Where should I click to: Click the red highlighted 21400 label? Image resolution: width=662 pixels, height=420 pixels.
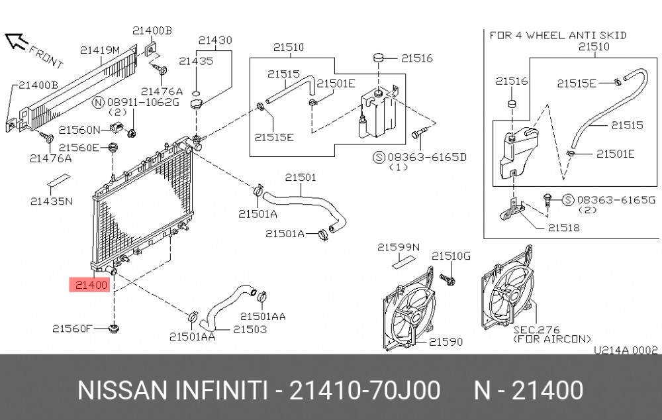pos(91,285)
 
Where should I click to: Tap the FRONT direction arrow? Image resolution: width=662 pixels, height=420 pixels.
pos(16,41)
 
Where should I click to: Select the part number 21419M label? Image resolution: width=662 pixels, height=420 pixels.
pos(100,50)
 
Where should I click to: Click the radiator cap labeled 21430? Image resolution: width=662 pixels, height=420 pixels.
pos(197,103)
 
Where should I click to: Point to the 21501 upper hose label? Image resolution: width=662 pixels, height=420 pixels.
pos(300,177)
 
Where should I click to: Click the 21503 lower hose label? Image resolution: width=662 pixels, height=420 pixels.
pos(250,329)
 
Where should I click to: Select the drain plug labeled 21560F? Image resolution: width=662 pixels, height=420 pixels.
pos(113,329)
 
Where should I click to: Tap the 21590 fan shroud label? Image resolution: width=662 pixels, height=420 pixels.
pos(446,341)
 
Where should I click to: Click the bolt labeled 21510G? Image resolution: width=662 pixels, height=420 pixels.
pos(447,279)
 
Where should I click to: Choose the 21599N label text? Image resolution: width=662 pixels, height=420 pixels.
pos(399,246)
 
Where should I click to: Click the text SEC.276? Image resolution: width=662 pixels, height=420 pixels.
pos(536,329)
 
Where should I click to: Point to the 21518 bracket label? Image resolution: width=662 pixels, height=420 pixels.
pos(563,228)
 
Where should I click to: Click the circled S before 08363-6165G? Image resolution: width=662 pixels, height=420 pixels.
pos(569,200)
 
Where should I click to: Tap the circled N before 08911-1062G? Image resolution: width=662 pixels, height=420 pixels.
pos(98,102)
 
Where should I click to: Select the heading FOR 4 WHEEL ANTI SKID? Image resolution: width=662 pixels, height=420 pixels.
pos(557,35)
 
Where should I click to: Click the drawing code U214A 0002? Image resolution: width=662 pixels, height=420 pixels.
pos(626,350)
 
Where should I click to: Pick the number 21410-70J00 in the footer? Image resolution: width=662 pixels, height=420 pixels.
pos(365,390)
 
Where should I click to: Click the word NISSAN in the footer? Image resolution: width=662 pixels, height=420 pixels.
pos(122,390)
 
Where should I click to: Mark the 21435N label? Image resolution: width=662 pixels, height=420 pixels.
pos(52,201)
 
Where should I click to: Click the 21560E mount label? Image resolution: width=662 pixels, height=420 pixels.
pos(79,148)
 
